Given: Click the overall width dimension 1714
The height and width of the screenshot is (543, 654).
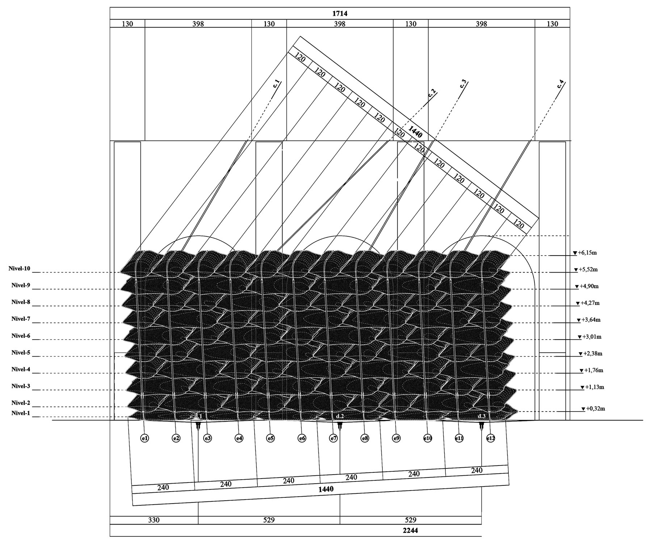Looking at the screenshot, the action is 340,14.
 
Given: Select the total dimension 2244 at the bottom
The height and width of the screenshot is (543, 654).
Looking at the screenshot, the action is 411,530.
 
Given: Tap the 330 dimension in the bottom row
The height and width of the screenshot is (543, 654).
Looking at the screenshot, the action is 154,520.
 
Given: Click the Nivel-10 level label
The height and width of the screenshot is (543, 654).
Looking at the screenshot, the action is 19,269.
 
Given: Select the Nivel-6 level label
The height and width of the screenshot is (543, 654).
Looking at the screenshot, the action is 21,336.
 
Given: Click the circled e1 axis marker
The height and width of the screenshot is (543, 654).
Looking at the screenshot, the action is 144,438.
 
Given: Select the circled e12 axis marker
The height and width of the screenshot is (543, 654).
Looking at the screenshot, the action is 490,438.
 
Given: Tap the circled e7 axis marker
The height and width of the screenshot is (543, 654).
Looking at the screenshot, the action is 333,438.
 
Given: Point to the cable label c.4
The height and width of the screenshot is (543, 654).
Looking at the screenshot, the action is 561,85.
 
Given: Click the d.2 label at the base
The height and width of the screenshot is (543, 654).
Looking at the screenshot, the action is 339,416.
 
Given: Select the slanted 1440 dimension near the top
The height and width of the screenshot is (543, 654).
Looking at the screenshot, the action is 415,131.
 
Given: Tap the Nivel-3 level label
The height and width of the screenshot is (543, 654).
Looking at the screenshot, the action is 21,386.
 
